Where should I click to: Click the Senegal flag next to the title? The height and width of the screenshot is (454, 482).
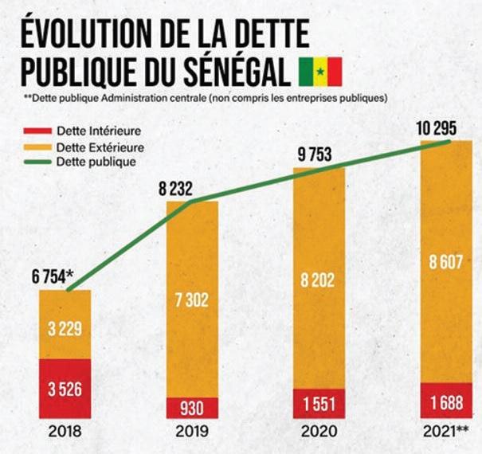(319, 71)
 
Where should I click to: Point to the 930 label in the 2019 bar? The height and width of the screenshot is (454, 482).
(192, 408)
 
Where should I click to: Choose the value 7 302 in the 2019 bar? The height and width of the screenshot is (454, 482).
(192, 299)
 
